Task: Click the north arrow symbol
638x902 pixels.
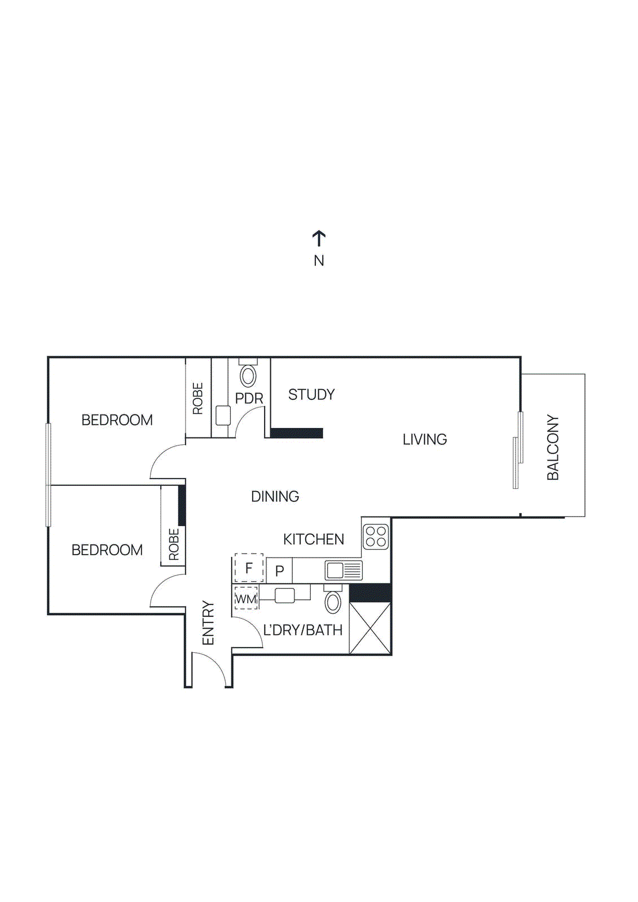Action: point(319,238)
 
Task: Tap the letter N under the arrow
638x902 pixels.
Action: point(319,260)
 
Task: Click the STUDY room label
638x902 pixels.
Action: point(311,395)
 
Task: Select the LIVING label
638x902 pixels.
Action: point(424,439)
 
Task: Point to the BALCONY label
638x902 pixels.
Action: point(553,447)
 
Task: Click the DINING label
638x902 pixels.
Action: point(275,496)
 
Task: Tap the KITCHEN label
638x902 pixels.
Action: point(313,540)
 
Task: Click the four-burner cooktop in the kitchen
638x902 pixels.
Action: point(376,536)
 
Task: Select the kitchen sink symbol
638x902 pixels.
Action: point(344,570)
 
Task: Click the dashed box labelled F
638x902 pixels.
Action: point(249,568)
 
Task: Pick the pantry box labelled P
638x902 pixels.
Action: point(279,571)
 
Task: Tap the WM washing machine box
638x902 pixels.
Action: point(246,599)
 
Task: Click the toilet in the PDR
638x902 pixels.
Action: point(248,375)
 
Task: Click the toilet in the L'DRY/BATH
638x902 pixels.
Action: point(333,602)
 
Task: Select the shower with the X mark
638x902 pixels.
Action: point(370,628)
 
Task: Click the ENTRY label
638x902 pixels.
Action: point(208,623)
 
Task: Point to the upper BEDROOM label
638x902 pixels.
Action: point(117,420)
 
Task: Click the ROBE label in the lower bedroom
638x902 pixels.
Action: point(174,544)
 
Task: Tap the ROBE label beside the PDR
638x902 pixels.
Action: point(198,399)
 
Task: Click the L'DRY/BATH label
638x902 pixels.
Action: point(303,630)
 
